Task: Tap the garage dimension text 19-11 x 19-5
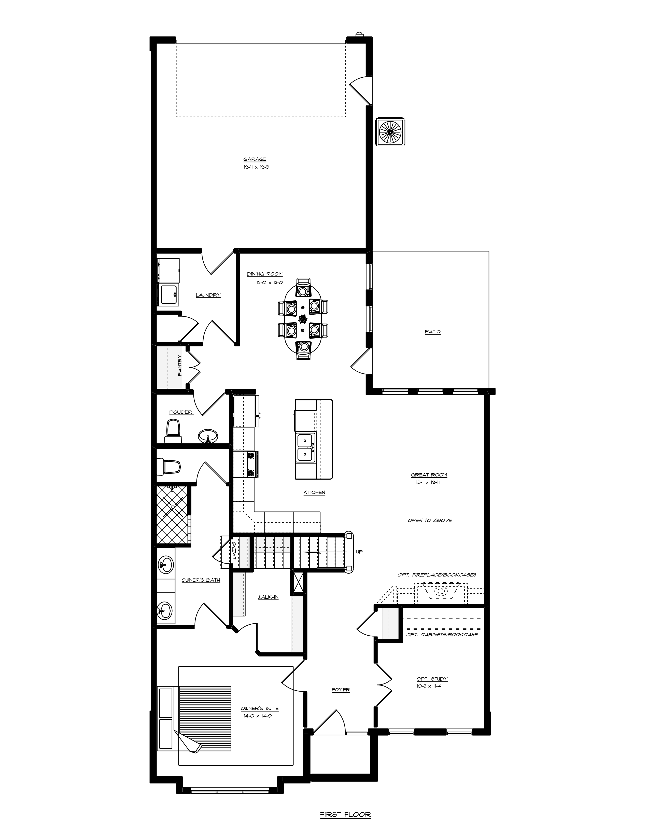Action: point(255,167)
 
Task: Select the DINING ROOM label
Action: point(264,274)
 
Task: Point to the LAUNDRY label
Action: point(208,295)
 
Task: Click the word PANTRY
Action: point(179,365)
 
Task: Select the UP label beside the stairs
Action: point(359,552)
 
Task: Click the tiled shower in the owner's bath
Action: point(173,515)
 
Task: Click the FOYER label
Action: point(341,690)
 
